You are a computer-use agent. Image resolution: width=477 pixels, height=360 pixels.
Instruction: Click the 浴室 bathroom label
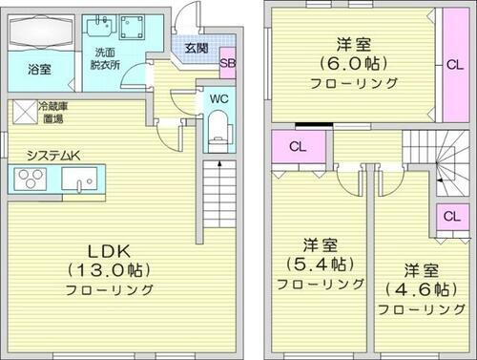(39, 70)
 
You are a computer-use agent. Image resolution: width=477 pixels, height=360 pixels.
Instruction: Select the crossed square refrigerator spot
(23, 113)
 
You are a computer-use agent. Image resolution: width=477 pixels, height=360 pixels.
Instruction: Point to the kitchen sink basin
(76, 179)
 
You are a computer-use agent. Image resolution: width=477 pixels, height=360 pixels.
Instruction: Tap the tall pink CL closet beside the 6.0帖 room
(452, 66)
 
